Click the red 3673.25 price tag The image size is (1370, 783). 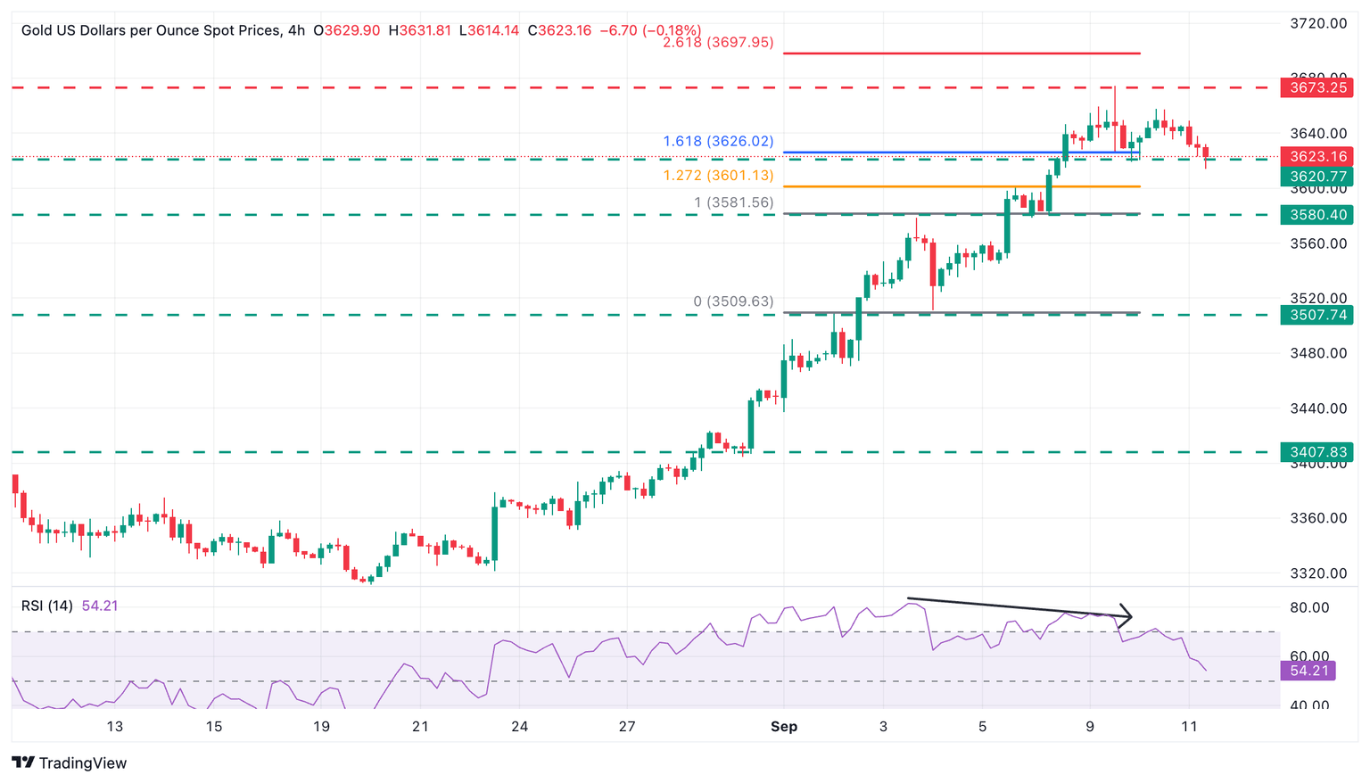1316,87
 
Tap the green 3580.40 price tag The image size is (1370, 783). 1316,215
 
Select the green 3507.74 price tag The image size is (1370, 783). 1316,315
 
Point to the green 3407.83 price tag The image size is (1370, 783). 1316,452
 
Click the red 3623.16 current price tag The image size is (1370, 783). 1316,156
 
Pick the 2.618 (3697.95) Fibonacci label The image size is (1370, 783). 718,42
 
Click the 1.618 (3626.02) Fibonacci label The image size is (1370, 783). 718,141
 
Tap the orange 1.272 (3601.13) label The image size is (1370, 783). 718,175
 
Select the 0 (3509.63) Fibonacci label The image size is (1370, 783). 733,301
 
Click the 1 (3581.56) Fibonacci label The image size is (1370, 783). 733,202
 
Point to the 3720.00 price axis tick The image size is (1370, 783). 1318,23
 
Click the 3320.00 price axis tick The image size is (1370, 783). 1318,573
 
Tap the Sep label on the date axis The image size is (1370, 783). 784,727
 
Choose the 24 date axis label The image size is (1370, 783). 520,727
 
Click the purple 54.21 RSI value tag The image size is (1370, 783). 1308,671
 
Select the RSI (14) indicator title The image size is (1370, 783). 47,606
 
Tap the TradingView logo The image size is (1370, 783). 70,763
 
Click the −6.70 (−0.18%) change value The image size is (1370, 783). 650,30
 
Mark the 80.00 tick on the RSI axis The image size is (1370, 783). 1311,608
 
